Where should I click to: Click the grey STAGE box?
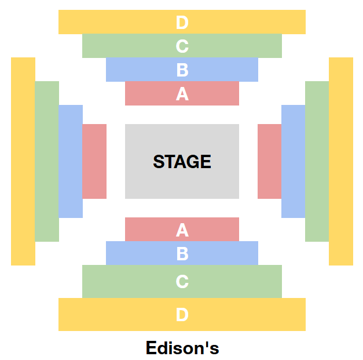click(x=182, y=161)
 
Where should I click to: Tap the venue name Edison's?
click(x=182, y=348)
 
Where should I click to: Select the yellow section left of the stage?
click(x=23, y=161)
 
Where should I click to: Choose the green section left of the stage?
click(x=47, y=161)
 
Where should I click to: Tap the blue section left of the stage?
click(x=71, y=161)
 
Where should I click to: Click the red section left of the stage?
click(x=94, y=161)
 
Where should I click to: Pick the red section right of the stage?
click(x=269, y=161)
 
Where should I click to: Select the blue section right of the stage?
click(x=293, y=161)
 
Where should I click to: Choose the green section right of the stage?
click(x=317, y=161)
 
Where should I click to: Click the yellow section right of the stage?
click(x=341, y=161)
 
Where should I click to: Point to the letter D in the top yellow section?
click(x=182, y=23)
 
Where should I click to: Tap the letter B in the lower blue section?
click(x=182, y=254)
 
